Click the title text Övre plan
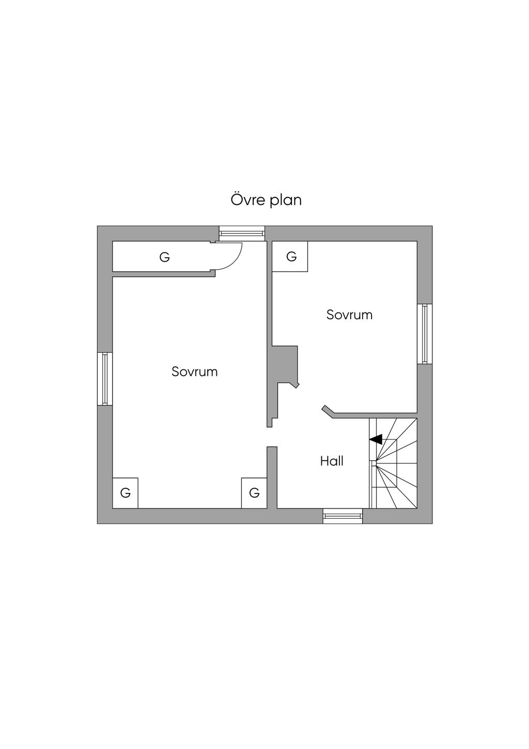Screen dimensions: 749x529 pos(266,200)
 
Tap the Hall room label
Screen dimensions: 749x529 pos(332,461)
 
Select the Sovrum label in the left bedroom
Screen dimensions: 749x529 pos(195,371)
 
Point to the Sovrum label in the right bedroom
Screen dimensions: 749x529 pos(349,315)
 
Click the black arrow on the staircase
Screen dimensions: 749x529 pos(376,440)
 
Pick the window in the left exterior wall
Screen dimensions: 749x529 pos(105,379)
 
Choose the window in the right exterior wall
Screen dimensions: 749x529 pos(425,334)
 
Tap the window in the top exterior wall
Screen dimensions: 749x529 pos(242,233)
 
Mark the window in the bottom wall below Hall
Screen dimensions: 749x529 pos(343,516)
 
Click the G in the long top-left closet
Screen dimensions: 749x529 pos(164,257)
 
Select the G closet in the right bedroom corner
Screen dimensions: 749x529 pos(291,257)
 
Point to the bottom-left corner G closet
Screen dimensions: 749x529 pos(125,493)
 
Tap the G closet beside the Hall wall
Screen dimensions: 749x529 pos(254,493)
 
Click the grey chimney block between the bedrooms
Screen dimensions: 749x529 pos(285,364)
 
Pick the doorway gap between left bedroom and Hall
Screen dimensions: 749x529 pos(270,437)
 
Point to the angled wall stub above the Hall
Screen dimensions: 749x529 pos(328,411)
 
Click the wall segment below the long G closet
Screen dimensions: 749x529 pos(163,274)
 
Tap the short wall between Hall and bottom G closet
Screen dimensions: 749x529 pos(272,477)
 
